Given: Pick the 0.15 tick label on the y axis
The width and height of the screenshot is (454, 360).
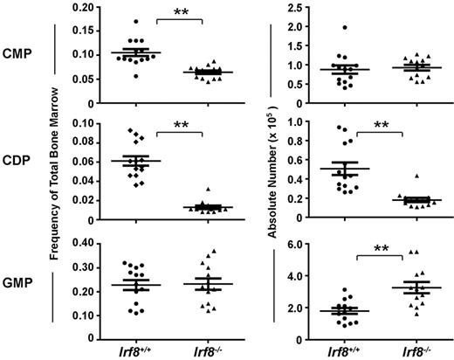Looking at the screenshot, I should click(x=75, y=31).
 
